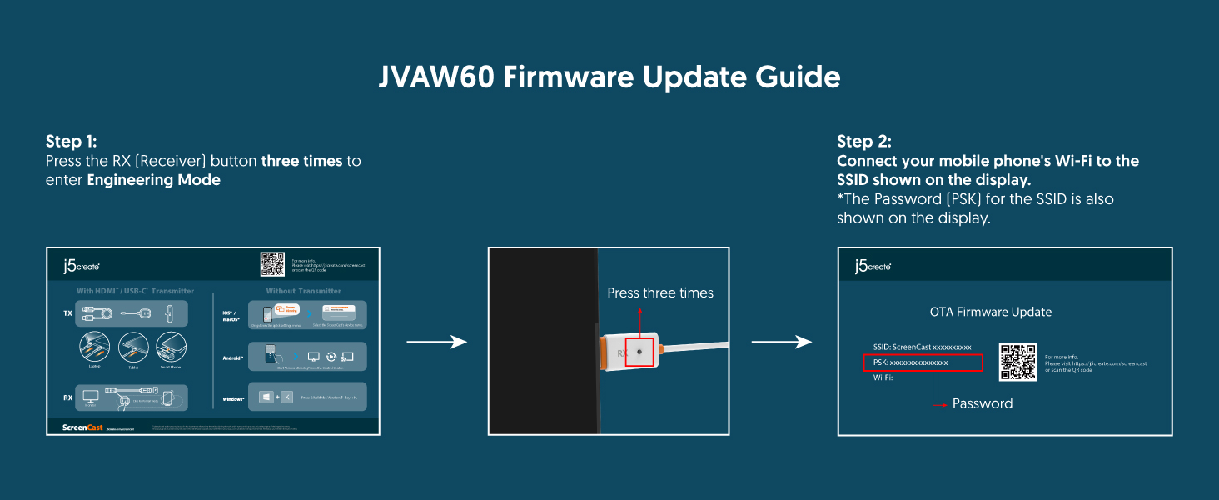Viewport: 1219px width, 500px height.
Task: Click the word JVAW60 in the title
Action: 436,77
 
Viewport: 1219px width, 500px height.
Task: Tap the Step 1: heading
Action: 71,142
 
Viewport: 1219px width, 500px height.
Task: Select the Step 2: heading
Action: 863,142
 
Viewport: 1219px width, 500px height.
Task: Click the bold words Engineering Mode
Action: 153,180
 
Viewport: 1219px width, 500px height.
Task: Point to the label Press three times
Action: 659,293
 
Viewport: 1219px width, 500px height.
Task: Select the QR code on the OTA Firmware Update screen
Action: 1017,362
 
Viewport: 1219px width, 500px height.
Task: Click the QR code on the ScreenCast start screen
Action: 272,264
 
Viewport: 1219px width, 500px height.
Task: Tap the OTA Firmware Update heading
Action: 990,312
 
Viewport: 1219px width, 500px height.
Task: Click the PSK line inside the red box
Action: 918,362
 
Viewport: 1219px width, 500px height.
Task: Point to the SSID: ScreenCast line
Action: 922,347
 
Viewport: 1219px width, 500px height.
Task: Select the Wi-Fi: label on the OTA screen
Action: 882,377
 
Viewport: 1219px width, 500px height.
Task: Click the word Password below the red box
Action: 983,403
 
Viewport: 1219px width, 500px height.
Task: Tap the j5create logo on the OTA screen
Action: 873,266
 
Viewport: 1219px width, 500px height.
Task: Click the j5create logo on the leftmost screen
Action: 81,266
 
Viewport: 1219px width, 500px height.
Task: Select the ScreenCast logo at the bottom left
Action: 82,427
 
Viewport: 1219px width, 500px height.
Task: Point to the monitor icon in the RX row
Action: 91,396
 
